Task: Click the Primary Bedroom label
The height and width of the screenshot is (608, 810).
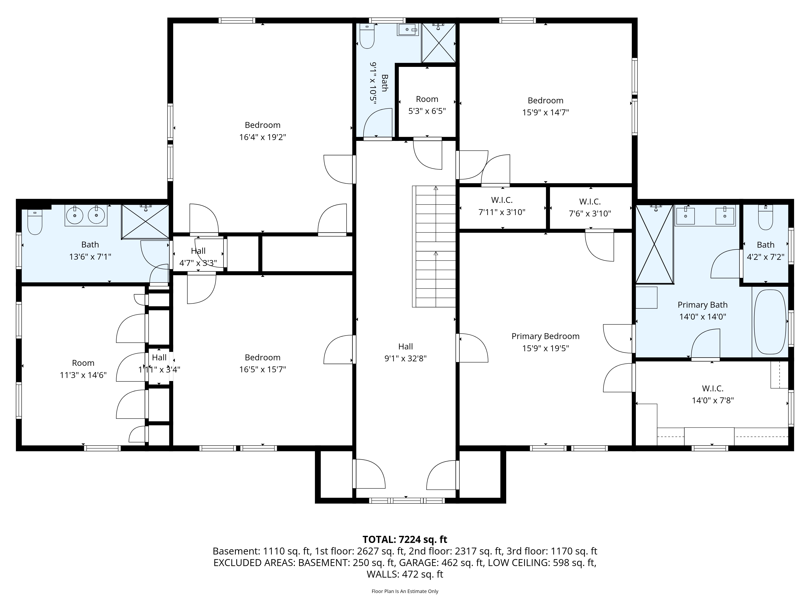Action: pyautogui.click(x=545, y=342)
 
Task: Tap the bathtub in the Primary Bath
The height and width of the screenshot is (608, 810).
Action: pyautogui.click(x=770, y=322)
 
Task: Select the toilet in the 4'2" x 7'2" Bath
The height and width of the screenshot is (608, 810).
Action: pyautogui.click(x=765, y=217)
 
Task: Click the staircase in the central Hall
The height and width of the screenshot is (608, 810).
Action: pyautogui.click(x=434, y=246)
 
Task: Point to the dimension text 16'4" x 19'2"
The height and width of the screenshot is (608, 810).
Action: pyautogui.click(x=263, y=137)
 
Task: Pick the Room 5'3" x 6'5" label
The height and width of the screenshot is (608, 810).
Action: pyautogui.click(x=427, y=105)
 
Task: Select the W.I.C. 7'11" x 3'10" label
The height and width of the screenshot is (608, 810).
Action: pyautogui.click(x=502, y=206)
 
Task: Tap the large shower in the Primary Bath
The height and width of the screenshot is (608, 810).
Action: pyautogui.click(x=655, y=244)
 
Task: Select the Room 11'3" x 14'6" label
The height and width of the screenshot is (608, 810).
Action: pyautogui.click(x=83, y=369)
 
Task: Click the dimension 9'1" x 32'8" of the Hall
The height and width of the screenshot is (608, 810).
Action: pyautogui.click(x=405, y=358)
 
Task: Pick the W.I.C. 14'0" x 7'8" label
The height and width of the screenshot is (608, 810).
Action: pyautogui.click(x=713, y=394)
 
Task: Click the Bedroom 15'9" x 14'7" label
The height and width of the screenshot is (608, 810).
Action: pyautogui.click(x=545, y=106)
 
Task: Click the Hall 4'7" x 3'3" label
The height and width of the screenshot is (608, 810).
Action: pyautogui.click(x=198, y=257)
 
